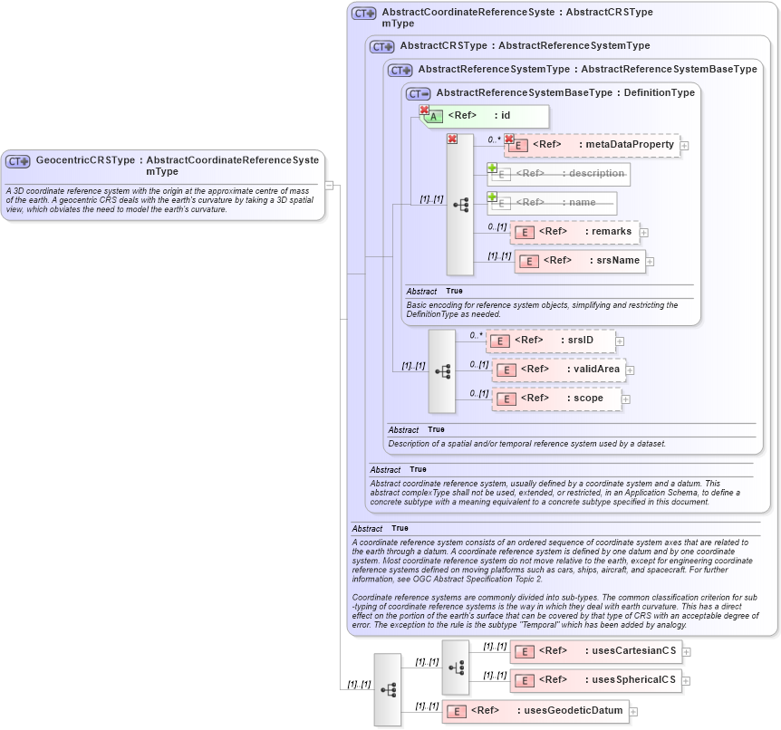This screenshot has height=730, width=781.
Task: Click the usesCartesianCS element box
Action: coord(595,651)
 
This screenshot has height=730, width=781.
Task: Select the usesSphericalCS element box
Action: coord(595,680)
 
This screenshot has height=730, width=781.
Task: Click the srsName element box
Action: coord(579,261)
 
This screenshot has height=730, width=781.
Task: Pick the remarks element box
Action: coord(574,232)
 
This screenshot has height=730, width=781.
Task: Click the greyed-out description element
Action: coord(559,174)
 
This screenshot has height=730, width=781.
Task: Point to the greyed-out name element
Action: coord(553,203)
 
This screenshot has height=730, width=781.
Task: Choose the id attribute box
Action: coord(485,116)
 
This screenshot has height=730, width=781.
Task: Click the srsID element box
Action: coord(550,341)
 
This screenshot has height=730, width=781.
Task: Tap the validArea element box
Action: coord(556,370)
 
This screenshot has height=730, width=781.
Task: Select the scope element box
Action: coord(556,399)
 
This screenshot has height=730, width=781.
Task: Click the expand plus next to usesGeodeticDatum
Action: coord(633,712)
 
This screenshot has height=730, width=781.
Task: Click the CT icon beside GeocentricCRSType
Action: coord(18,161)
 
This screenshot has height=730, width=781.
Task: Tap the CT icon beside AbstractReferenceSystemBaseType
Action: coord(418,93)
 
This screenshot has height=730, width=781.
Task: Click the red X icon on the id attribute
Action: coord(423,110)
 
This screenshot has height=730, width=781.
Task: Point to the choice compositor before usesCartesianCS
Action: coord(456,667)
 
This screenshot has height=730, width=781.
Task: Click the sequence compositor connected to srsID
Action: coord(442,371)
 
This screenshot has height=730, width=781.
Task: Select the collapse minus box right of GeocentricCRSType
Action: coord(330,185)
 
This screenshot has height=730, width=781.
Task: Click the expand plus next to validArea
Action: coord(630,370)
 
